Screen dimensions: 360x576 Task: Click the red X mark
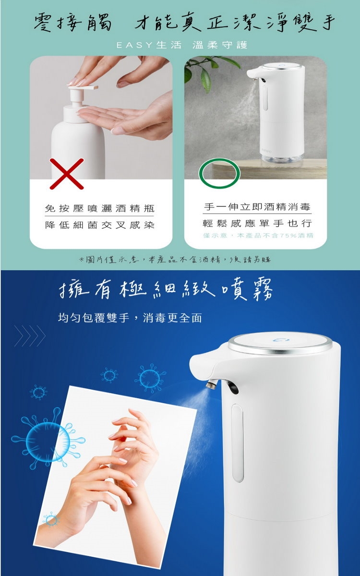tap(67, 174)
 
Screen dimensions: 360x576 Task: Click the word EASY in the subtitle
tap(134, 45)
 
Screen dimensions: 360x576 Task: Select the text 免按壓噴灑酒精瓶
tap(99, 208)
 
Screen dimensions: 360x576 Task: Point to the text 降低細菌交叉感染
tap(99, 225)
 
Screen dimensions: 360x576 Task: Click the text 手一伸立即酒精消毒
tap(257, 206)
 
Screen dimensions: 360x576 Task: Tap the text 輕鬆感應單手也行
tap(257, 223)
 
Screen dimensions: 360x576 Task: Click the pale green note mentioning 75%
tap(258, 235)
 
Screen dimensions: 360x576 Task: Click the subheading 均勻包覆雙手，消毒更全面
tap(130, 318)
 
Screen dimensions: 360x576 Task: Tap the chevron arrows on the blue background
tap(30, 336)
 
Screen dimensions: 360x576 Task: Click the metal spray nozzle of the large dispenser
tap(212, 384)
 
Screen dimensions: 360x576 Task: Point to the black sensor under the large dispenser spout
tap(231, 387)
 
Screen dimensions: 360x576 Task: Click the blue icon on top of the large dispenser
tap(281, 340)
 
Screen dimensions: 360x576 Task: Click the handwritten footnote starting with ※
tap(175, 260)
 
